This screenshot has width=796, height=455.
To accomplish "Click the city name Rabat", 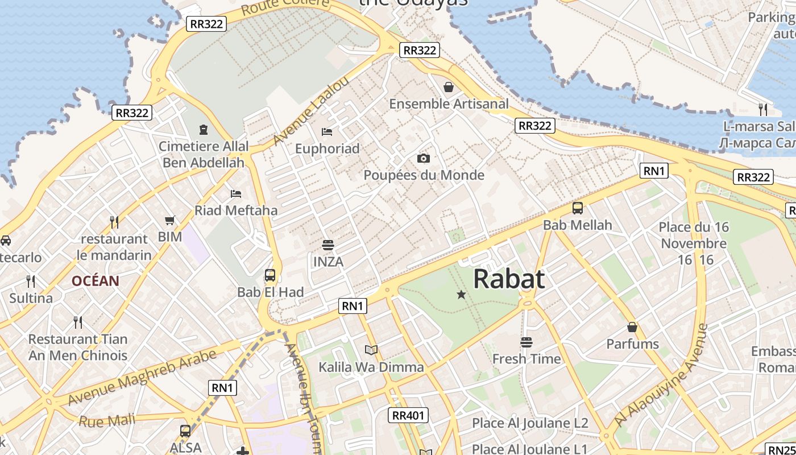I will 509,279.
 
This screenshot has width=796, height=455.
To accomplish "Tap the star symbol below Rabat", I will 461,295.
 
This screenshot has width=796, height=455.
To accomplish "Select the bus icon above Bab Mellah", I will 578,208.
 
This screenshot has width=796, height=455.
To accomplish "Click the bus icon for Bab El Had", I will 270,275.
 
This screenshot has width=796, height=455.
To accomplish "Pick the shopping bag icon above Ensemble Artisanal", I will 449,87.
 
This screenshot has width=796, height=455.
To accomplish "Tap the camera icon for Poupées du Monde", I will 424,158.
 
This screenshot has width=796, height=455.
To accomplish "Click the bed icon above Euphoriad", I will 327,132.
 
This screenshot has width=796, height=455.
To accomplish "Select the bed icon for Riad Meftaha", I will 236,193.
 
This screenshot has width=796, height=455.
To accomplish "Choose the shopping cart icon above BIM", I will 169,220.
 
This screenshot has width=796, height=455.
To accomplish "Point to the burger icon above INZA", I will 328,245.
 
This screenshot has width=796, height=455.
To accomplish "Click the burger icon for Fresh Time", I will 526,342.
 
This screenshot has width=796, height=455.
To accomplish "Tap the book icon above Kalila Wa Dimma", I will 371,350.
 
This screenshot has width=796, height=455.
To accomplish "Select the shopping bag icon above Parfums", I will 632,327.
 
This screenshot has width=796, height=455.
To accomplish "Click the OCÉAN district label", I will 96,281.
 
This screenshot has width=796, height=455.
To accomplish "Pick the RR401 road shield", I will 409,415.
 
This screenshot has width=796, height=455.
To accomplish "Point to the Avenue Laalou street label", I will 310,111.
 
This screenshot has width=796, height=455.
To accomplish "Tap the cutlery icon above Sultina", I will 31,281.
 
